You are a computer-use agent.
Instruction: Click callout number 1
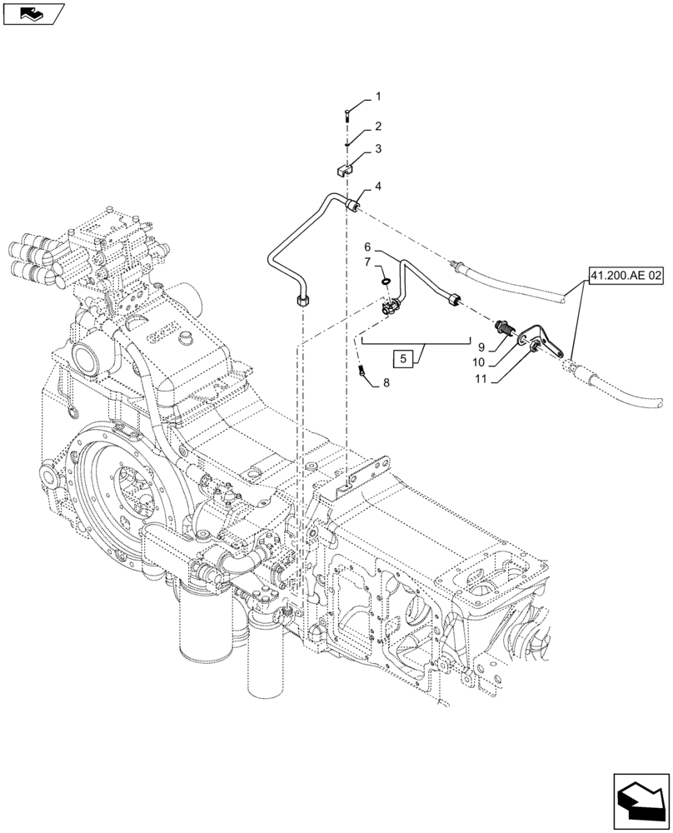376,97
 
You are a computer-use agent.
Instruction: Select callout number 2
377,127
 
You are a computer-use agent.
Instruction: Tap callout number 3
377,149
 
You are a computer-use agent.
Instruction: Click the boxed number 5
404,360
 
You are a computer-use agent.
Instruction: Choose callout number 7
368,263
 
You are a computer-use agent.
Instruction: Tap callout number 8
385,383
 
